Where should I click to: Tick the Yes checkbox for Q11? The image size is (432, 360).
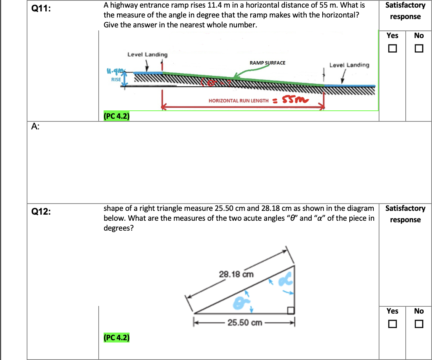(392, 49)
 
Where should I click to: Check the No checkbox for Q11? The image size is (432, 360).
(419, 49)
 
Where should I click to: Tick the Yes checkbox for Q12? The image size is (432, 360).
(392, 324)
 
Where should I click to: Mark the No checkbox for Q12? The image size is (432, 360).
(419, 324)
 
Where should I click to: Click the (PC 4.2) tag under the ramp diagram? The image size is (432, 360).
(116, 116)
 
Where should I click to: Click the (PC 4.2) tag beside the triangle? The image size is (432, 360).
(116, 337)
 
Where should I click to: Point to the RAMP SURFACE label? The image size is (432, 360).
(267, 62)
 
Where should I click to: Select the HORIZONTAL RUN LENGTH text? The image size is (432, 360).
(238, 101)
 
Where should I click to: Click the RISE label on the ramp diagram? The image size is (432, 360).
(116, 80)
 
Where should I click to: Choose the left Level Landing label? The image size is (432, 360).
(147, 54)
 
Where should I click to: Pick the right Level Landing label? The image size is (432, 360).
(349, 65)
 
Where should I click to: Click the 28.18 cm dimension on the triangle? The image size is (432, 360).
(236, 274)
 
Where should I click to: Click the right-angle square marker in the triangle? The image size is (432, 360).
(291, 311)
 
